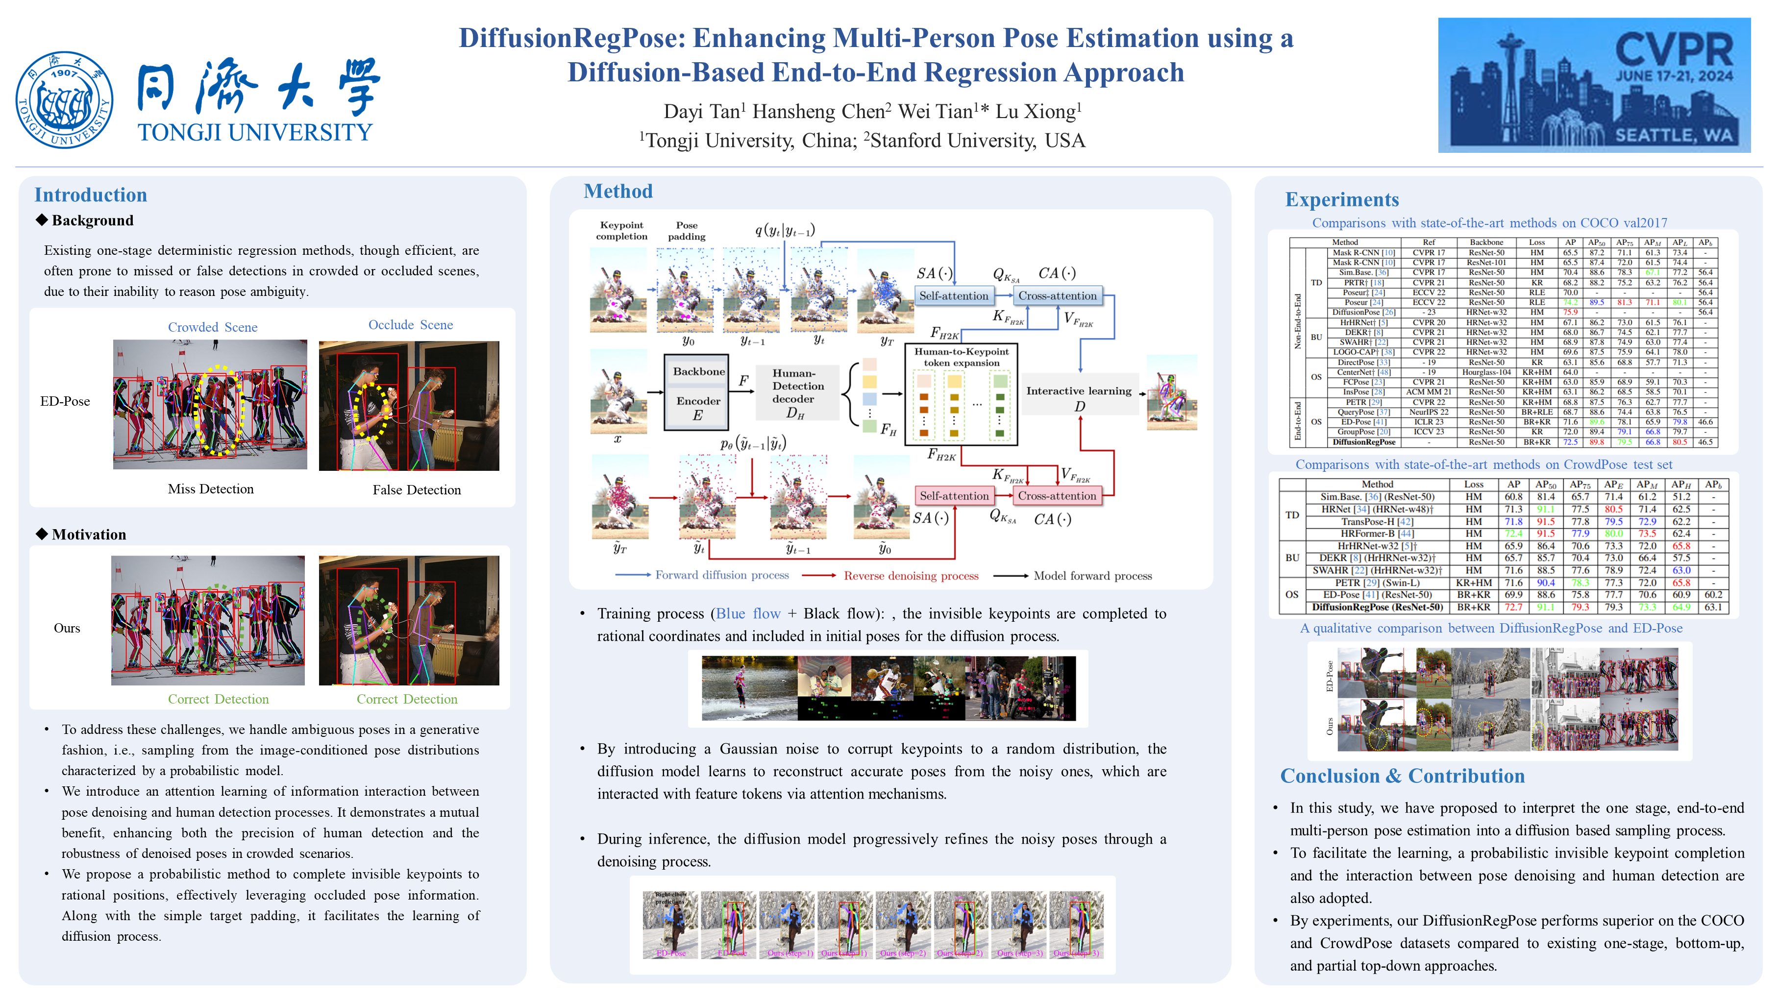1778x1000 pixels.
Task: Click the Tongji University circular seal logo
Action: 64,100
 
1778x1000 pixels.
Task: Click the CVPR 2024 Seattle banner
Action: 1594,85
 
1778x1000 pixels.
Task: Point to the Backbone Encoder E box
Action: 696,392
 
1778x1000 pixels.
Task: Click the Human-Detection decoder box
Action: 797,392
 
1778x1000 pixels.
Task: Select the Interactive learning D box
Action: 1079,397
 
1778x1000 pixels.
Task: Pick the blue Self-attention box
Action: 953,295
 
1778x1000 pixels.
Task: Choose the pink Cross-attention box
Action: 1056,495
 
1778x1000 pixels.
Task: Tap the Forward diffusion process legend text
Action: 721,575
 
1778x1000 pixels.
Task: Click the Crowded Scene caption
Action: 213,327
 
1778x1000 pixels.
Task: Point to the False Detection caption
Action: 416,490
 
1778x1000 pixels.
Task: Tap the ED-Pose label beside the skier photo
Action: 65,401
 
